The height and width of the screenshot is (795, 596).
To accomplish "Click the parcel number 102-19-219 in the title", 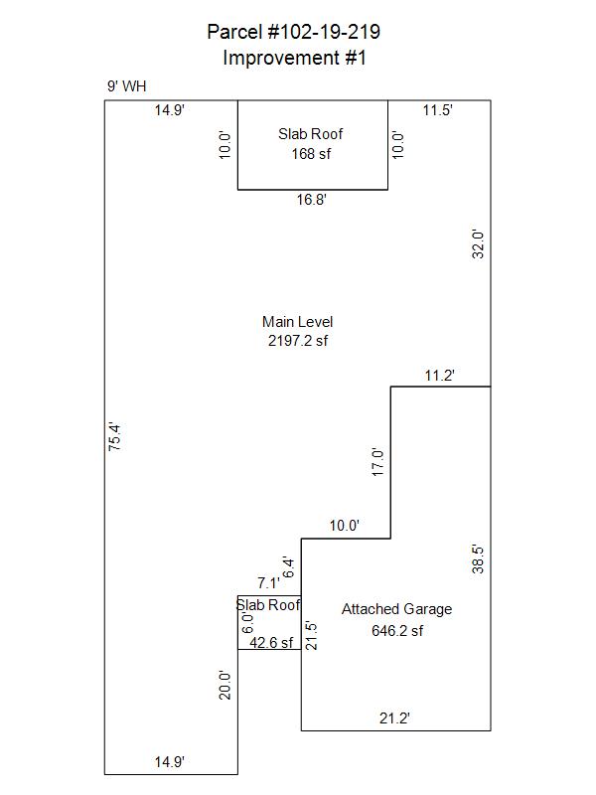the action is tap(324, 32).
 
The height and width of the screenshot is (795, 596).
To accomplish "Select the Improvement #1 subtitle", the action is tap(294, 58).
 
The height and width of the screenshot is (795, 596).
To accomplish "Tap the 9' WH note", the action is tap(127, 86).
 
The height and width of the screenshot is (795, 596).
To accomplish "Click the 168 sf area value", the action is tap(311, 154).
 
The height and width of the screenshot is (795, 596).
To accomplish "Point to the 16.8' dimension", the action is tap(311, 200).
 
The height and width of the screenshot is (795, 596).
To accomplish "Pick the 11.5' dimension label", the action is tap(437, 110).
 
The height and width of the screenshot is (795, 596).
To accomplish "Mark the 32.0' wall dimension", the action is tap(478, 243).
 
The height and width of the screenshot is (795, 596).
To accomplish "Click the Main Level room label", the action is tap(297, 321).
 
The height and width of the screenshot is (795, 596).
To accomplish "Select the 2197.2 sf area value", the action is tap(297, 340).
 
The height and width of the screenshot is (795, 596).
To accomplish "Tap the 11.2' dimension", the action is tap(439, 376).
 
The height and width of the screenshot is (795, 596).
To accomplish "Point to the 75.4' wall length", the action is tap(114, 437).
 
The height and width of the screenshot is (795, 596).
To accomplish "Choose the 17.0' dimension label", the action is tap(378, 462).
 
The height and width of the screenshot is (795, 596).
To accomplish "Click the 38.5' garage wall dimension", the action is tap(478, 558).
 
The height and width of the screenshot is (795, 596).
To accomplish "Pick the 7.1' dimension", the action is tap(268, 583).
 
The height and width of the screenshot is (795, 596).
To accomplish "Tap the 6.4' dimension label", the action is tap(288, 567).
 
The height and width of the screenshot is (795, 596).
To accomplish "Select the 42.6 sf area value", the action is tap(271, 642).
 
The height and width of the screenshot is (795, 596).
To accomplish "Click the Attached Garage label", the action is tap(396, 609).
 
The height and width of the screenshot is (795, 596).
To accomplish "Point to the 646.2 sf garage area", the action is tap(396, 631).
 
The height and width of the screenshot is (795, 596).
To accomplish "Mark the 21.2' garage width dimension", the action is tap(394, 717).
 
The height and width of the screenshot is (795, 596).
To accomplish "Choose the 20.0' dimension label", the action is tap(224, 685).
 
